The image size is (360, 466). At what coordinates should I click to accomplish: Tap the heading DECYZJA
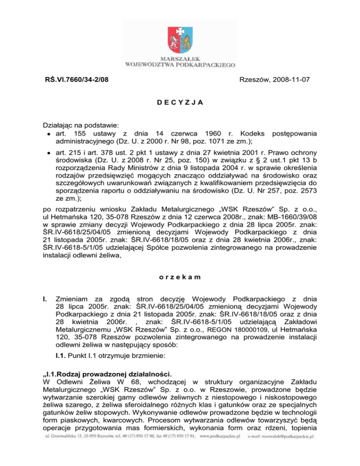[180, 104]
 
